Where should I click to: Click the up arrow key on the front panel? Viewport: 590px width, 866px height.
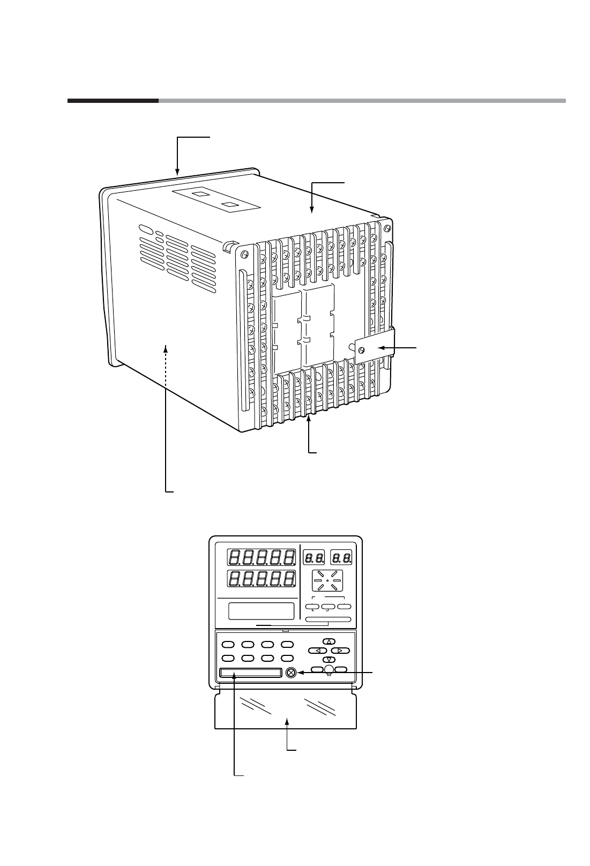pos(329,641)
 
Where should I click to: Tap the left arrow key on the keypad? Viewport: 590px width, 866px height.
pos(318,651)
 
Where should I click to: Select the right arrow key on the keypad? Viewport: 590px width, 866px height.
pos(340,651)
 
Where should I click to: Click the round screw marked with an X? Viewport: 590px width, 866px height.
pos(292,673)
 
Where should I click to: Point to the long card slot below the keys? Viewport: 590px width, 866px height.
pos(250,673)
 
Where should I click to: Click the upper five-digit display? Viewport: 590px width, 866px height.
pos(262,557)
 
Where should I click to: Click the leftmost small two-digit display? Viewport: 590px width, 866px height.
pos(314,557)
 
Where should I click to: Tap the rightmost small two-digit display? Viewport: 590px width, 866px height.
pos(341,557)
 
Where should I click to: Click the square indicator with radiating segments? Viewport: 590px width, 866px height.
pos(327,580)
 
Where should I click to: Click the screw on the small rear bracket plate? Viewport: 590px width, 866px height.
pos(362,350)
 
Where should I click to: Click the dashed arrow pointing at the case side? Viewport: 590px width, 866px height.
pos(166,352)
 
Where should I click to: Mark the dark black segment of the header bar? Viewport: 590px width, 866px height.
pos(113,100)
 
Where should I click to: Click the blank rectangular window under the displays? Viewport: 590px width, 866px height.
pos(262,610)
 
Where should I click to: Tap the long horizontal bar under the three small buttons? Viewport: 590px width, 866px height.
pos(328,619)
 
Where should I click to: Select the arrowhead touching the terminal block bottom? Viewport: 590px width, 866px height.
pos(310,420)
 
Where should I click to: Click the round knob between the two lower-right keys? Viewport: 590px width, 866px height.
pos(330,669)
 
